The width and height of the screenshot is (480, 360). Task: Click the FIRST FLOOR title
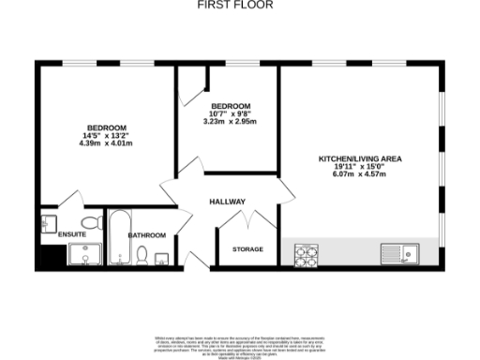pos(222,5)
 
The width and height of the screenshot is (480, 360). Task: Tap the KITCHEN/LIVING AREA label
pos(359,159)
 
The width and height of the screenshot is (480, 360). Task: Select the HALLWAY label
pos(227,202)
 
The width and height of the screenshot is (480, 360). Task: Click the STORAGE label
pos(247,249)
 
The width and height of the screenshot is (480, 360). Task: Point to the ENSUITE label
pos(71,234)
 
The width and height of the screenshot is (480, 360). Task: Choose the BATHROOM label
pos(147,235)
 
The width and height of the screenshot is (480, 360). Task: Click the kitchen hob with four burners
pos(306,253)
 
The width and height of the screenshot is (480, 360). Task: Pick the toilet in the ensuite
pos(91,222)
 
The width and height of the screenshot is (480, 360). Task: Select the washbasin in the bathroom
pos(161,259)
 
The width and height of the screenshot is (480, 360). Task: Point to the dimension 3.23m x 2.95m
pos(230,121)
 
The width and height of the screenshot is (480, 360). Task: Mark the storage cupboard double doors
pos(247,220)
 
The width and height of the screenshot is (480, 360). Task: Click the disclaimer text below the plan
pos(240,344)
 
